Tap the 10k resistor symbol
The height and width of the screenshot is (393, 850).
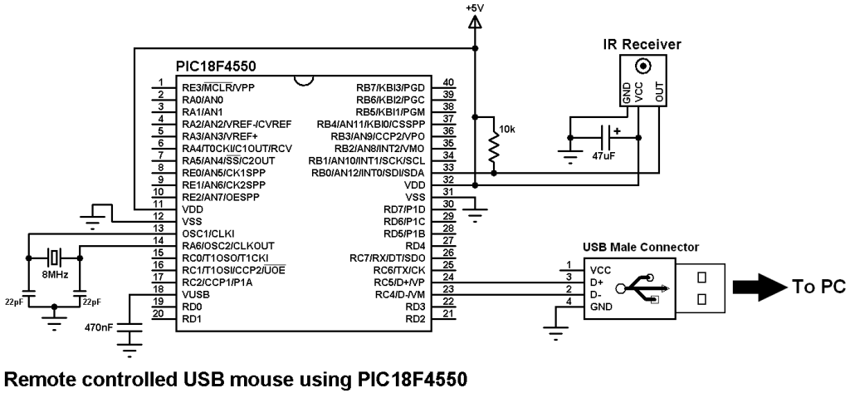click(494, 150)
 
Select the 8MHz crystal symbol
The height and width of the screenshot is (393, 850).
click(55, 253)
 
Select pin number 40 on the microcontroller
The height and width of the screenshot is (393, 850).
click(449, 81)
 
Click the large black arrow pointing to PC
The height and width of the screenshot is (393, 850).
click(754, 287)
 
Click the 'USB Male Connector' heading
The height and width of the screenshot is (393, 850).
click(641, 247)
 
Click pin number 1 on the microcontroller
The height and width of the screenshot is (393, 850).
click(159, 81)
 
